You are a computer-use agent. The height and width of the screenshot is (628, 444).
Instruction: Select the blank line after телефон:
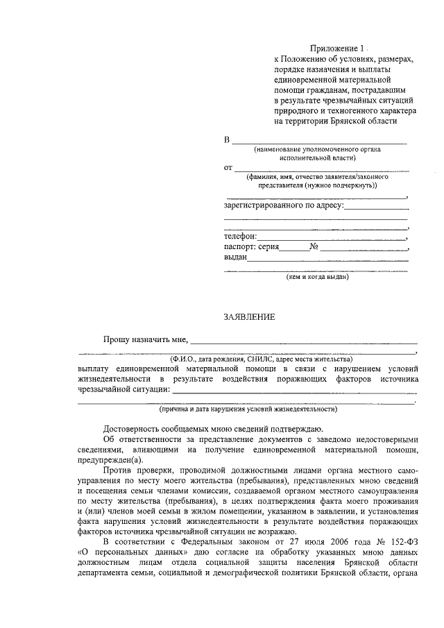(332, 239)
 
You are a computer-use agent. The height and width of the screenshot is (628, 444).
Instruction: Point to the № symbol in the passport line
(314, 246)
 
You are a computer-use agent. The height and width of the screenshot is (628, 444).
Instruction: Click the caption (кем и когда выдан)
(317, 277)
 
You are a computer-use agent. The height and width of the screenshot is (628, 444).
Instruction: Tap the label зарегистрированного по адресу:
(284, 205)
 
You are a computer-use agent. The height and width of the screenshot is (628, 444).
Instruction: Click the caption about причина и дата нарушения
(248, 409)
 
